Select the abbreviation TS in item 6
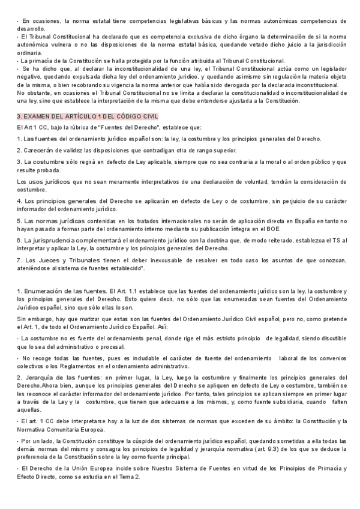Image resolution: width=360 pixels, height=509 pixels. click(326, 240)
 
